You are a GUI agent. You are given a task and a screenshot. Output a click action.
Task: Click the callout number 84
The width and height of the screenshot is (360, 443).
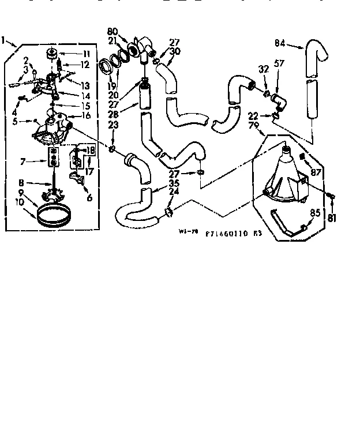(280, 43)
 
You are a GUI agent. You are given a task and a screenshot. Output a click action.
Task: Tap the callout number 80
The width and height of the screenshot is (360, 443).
(113, 31)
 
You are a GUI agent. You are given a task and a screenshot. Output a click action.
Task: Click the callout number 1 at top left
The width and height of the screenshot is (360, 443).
(5, 41)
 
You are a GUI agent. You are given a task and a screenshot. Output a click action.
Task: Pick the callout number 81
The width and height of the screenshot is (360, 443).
(332, 217)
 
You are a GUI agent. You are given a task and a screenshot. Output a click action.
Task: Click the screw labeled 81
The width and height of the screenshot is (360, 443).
(331, 197)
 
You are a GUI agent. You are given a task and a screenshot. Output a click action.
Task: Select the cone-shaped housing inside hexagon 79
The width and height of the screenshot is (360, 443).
(284, 173)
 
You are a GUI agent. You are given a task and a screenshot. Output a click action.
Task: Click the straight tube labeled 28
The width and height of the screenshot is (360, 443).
(145, 95)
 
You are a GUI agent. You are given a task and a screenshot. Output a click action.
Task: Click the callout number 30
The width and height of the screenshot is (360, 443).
(176, 51)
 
